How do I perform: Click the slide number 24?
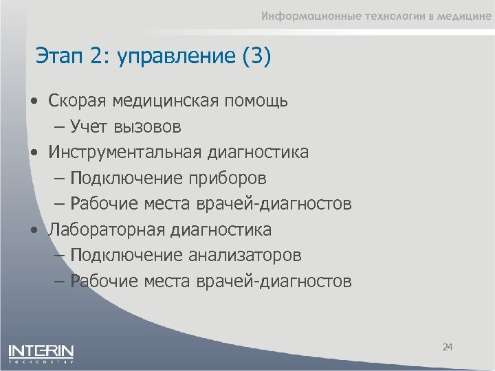pos(448,348)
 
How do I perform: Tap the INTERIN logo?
pos(41,352)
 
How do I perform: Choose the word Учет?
pos(86,126)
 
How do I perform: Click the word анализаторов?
pos(243,255)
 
